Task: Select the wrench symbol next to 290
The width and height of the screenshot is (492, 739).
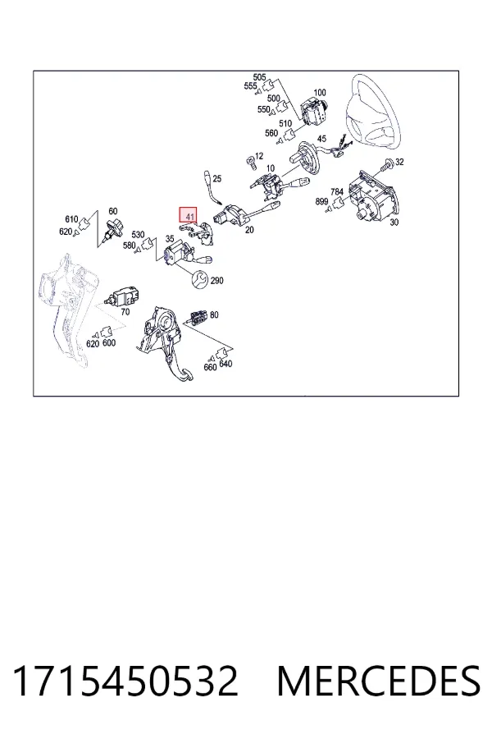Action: click(x=199, y=279)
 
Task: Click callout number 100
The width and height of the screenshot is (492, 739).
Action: click(x=320, y=93)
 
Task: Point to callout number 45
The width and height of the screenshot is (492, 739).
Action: click(x=322, y=139)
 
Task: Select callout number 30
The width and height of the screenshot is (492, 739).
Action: click(x=394, y=222)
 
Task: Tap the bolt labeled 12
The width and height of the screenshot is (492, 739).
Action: click(x=250, y=162)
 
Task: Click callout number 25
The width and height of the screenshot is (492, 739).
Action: click(x=217, y=179)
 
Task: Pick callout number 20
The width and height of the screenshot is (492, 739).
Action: click(x=249, y=230)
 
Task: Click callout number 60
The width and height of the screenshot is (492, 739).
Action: click(x=113, y=211)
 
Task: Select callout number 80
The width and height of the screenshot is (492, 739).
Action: click(x=214, y=314)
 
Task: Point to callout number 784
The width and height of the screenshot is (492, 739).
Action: click(x=337, y=192)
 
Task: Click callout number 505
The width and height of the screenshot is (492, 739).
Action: click(x=259, y=77)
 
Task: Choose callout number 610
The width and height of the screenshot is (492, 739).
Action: click(x=71, y=219)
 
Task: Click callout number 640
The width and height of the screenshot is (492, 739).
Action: click(x=226, y=364)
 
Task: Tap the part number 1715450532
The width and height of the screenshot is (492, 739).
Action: click(x=125, y=682)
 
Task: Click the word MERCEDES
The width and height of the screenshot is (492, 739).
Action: click(x=379, y=682)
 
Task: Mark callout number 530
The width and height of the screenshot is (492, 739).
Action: click(x=138, y=235)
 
